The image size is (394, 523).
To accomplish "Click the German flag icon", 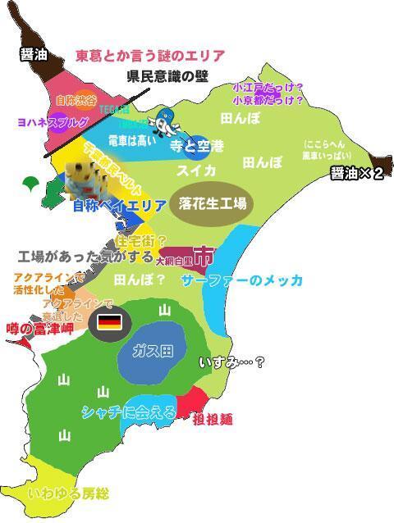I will click(109, 321).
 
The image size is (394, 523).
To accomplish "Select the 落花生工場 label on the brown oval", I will click(212, 203).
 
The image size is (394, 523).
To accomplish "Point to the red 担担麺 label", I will click(213, 420).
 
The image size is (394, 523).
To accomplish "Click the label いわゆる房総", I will click(67, 493).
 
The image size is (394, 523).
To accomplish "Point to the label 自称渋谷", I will click(75, 100).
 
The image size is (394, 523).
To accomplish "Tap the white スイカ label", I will click(196, 171).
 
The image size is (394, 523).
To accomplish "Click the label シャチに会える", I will click(128, 412).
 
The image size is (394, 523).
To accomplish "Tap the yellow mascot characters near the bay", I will click(85, 175).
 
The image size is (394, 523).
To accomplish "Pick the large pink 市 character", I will click(202, 257).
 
